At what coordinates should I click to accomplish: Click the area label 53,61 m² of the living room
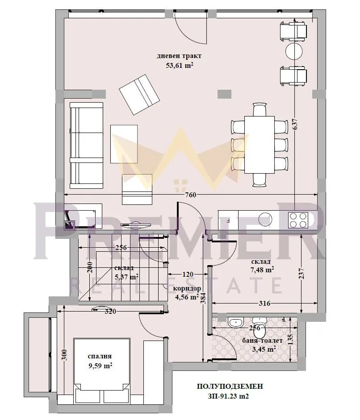tap(179, 65)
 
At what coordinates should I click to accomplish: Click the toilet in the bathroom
tap(259, 325)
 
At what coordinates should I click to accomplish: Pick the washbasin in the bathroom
tap(235, 322)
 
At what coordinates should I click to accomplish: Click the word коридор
tap(187, 288)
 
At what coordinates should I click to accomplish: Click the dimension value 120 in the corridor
tap(188, 275)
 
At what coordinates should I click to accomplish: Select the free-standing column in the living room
tap(224, 94)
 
